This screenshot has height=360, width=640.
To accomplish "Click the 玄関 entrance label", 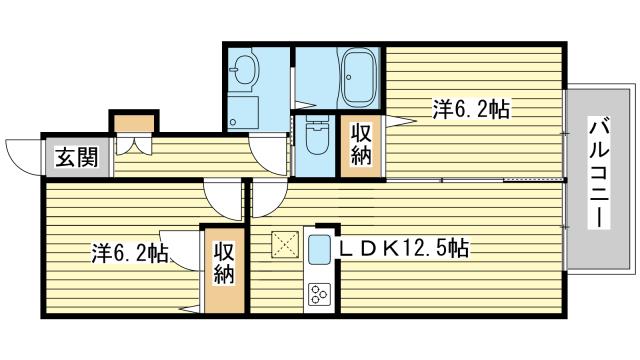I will pyautogui.click(x=75, y=157).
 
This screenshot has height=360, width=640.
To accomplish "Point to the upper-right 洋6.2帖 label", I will pyautogui.click(x=471, y=108).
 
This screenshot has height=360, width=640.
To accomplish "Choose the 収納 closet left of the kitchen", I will pyautogui.click(x=223, y=260).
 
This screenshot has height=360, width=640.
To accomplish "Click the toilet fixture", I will pyautogui.click(x=316, y=138).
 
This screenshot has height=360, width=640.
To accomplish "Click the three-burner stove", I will pyautogui.click(x=320, y=294).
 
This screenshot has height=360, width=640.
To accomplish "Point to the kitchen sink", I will pyautogui.click(x=320, y=251).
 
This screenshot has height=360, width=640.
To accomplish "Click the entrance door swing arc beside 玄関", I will pyautogui.click(x=22, y=155).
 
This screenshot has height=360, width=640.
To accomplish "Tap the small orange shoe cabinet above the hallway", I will pyautogui.click(x=133, y=123).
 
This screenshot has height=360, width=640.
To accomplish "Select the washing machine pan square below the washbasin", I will pyautogui.click(x=243, y=111).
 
